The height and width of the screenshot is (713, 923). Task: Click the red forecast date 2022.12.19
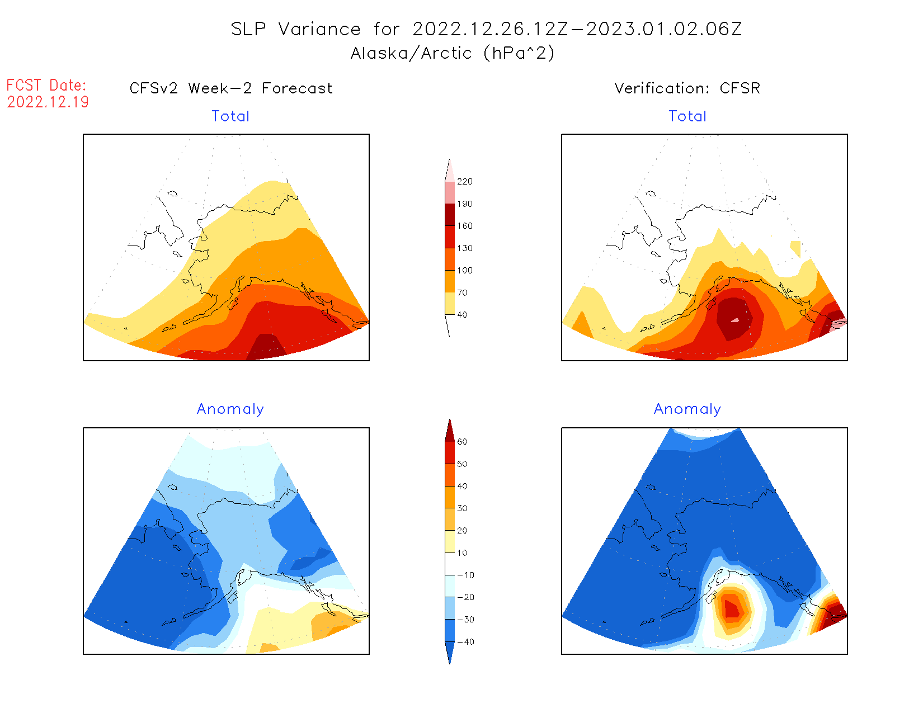pyautogui.click(x=48, y=102)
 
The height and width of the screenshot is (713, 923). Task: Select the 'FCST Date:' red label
pyautogui.click(x=46, y=85)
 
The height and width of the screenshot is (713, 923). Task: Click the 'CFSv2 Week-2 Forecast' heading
pyautogui.click(x=231, y=88)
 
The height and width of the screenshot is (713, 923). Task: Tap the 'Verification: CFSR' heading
pyautogui.click(x=687, y=88)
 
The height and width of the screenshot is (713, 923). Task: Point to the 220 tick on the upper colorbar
pyautogui.click(x=464, y=182)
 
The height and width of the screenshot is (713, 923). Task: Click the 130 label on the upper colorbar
pyautogui.click(x=464, y=248)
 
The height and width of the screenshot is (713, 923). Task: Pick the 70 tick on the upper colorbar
pyautogui.click(x=462, y=292)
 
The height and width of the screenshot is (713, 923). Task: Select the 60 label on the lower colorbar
pyautogui.click(x=462, y=442)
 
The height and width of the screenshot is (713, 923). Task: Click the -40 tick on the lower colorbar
pyautogui.click(x=465, y=642)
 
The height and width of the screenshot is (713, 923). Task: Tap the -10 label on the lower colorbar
pyautogui.click(x=465, y=575)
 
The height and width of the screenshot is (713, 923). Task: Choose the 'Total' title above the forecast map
pyautogui.click(x=230, y=116)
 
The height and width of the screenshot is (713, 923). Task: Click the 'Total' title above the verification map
pyautogui.click(x=687, y=116)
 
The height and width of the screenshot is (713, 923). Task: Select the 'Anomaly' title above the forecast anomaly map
pyautogui.click(x=230, y=409)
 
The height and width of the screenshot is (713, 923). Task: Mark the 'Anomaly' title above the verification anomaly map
pyautogui.click(x=687, y=409)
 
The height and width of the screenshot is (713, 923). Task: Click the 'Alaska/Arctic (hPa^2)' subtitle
pyautogui.click(x=453, y=53)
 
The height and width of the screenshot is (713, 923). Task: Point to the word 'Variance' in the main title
pyautogui.click(x=319, y=29)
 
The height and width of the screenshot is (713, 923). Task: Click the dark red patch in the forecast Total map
pyautogui.click(x=266, y=347)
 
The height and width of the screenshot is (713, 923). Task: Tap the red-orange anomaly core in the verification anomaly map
pyautogui.click(x=732, y=608)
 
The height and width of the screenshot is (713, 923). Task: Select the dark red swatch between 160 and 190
pyautogui.click(x=450, y=215)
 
